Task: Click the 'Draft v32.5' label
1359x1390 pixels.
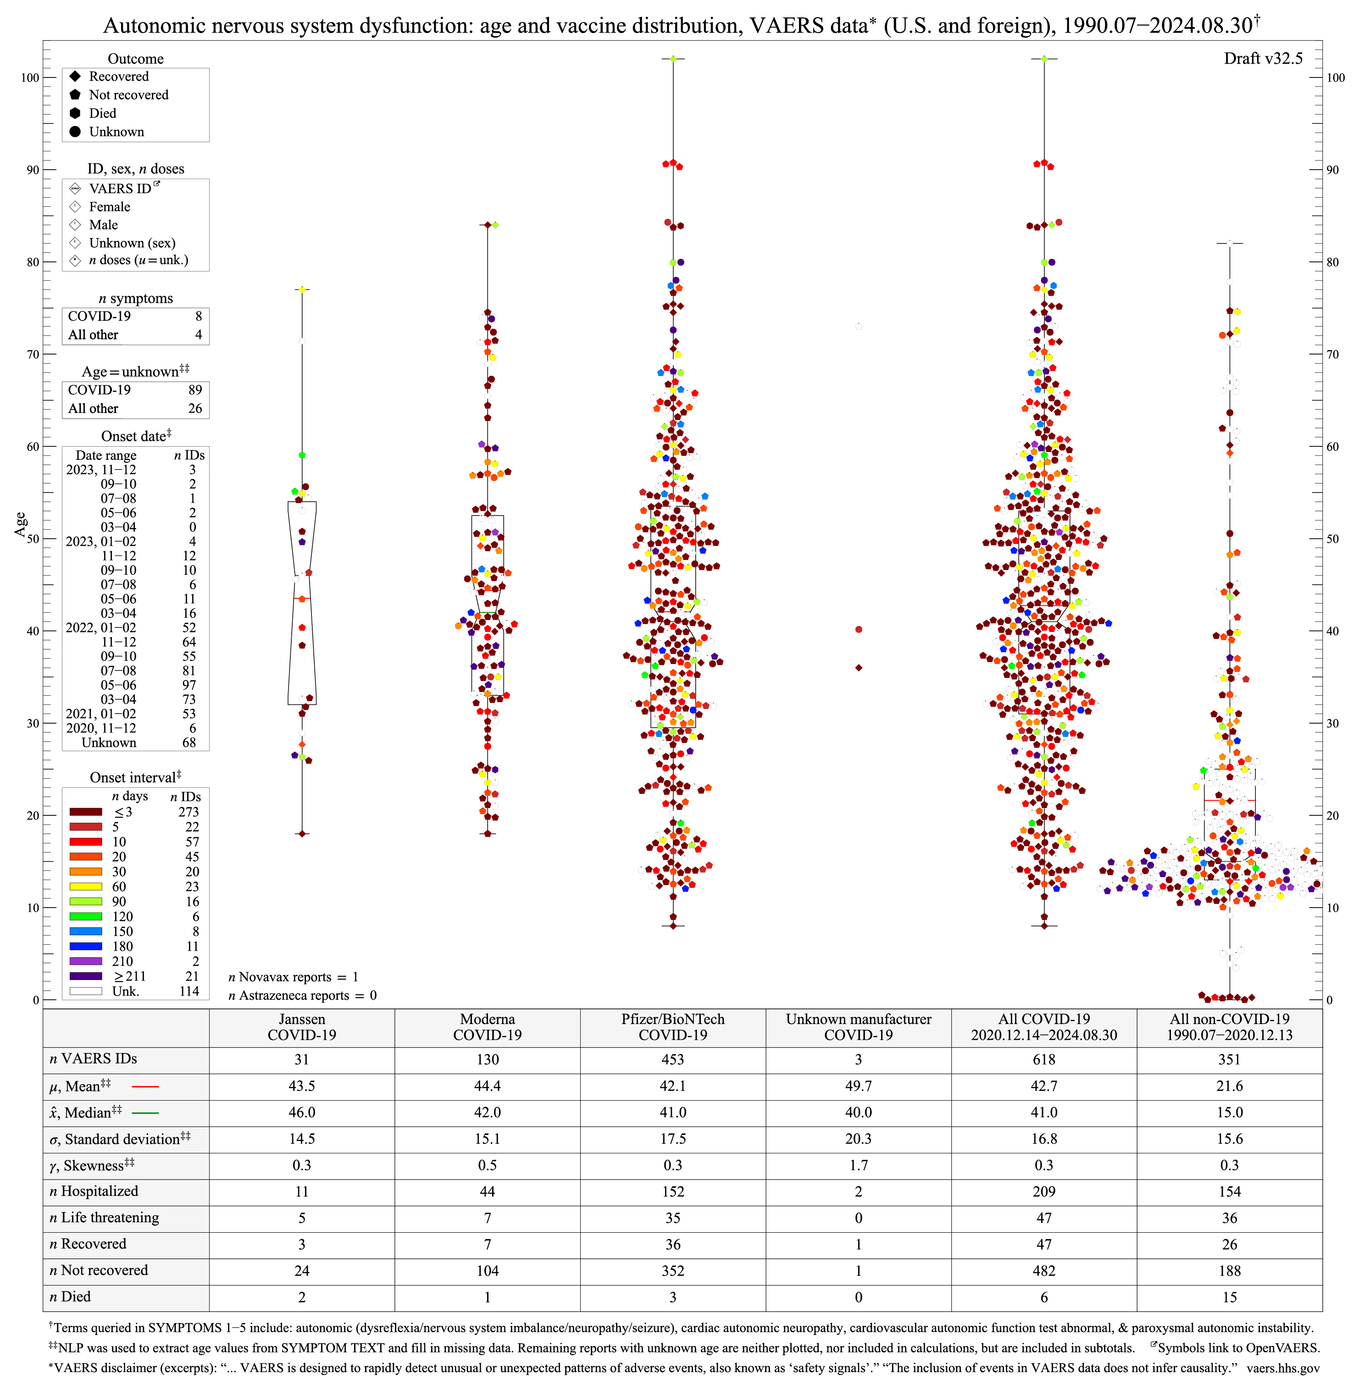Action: (1263, 59)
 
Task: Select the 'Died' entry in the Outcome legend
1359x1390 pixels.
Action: (102, 113)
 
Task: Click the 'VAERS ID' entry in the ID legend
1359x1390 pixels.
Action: (120, 188)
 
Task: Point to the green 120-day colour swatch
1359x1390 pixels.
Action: (86, 917)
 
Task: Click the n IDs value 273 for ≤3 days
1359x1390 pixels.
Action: (189, 812)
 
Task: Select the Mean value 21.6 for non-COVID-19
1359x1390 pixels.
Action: (1229, 1086)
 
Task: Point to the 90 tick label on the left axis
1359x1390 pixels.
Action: (33, 170)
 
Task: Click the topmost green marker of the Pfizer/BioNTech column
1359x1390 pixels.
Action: (673, 59)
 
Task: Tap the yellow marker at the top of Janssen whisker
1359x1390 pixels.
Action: (302, 289)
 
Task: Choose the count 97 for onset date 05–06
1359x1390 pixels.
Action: (189, 685)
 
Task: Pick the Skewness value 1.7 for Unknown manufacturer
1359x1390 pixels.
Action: (858, 1165)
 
